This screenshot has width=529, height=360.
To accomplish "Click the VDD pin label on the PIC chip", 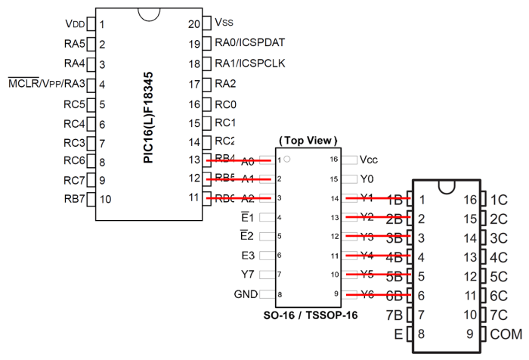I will (74, 24).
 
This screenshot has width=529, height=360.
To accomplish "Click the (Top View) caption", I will (308, 141).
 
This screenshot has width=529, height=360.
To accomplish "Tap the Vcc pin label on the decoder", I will (370, 160).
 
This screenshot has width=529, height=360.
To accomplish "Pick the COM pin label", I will (506, 333).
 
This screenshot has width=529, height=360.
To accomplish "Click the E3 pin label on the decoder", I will (249, 256).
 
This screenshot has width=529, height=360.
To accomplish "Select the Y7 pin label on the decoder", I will (249, 275).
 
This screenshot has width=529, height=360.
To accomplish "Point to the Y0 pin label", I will (368, 179).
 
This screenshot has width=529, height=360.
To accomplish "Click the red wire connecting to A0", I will (238, 160).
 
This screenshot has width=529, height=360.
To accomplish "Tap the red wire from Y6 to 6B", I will (378, 294).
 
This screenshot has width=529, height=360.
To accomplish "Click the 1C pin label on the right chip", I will (500, 200).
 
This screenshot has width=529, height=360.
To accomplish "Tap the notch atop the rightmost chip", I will (446, 185).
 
